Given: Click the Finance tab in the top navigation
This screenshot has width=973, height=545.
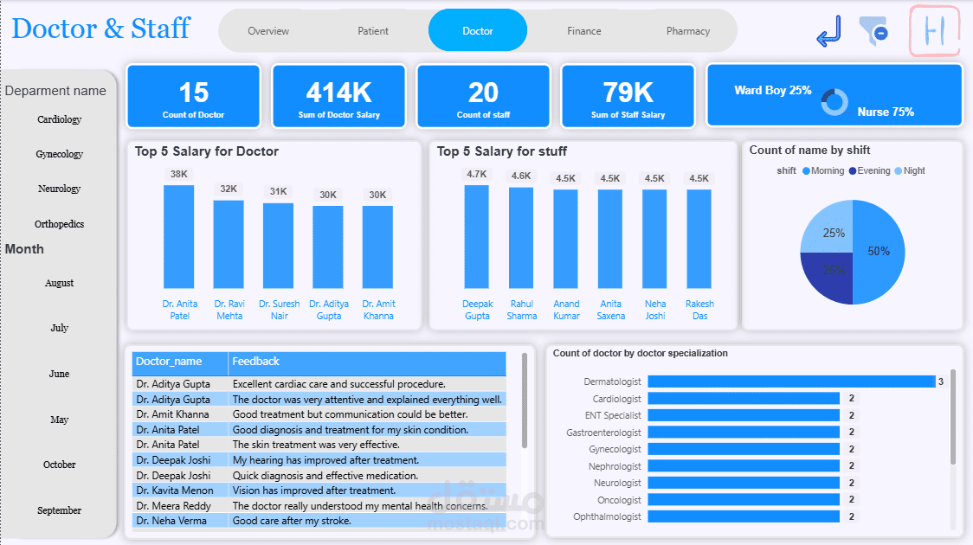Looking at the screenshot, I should click(x=584, y=31).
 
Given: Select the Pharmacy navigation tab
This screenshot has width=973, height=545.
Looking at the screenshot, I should click(x=688, y=31).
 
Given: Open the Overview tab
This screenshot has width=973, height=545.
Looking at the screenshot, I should click(x=268, y=31).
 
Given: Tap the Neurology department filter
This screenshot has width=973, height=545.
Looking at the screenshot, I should click(x=59, y=189).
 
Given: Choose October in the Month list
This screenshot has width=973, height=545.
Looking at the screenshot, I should click(x=59, y=465).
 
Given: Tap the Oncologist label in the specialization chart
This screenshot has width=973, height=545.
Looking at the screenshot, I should click(x=619, y=500).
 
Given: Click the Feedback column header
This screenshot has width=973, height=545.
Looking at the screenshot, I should click(x=256, y=362).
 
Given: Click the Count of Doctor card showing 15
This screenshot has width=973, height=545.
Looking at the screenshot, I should click(x=194, y=96).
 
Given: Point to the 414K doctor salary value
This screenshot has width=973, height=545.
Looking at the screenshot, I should click(x=338, y=92).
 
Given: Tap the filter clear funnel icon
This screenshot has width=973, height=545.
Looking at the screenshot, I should click(x=873, y=31).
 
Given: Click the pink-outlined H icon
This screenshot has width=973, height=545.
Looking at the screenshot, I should click(x=935, y=31).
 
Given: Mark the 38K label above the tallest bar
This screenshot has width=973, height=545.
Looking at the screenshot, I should click(x=179, y=174).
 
